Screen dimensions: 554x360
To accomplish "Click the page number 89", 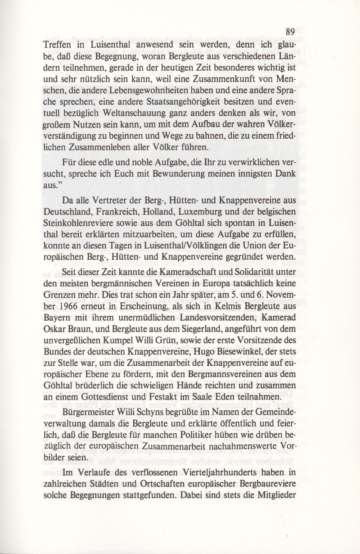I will pyautogui.click(x=290, y=32).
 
